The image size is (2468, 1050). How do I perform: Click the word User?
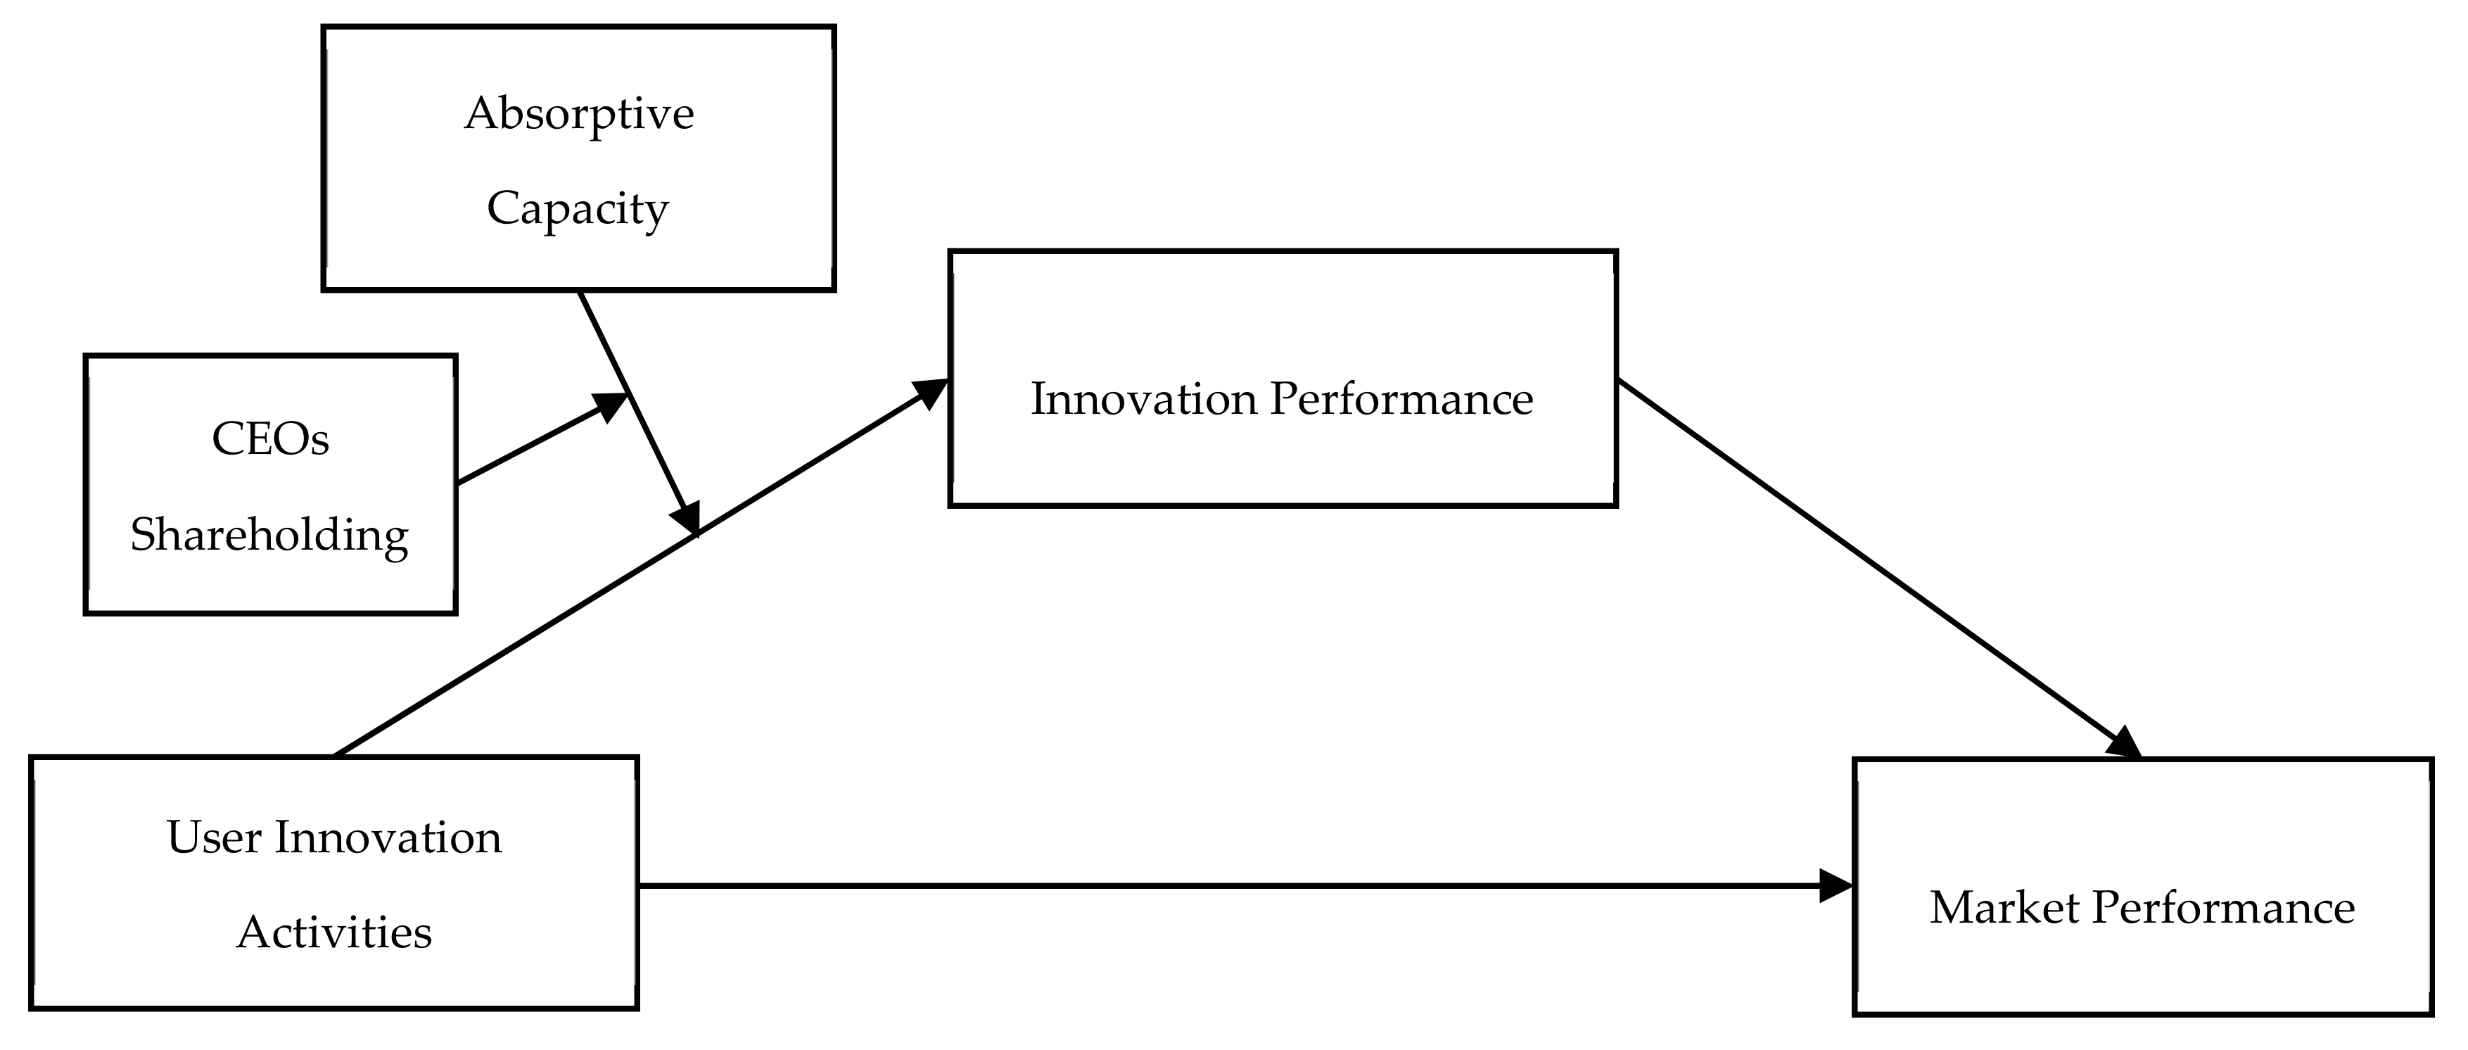(x=214, y=838)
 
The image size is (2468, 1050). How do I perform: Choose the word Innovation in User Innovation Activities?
(x=388, y=838)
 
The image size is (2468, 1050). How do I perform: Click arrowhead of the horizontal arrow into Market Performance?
(x=1835, y=886)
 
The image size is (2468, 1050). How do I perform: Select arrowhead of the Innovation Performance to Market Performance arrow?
(x=2125, y=745)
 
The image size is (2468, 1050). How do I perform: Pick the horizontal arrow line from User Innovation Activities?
(x=1226, y=886)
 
